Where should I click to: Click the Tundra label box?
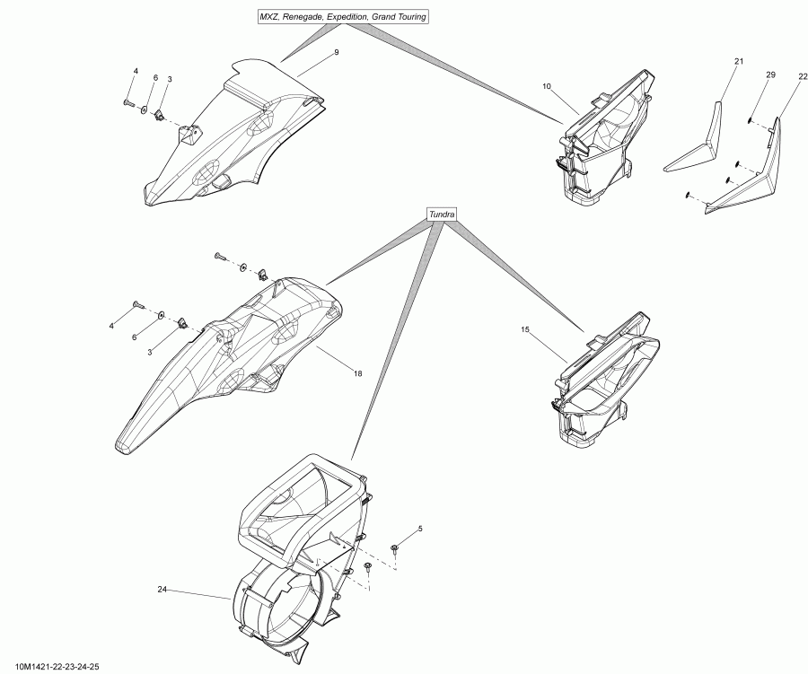[x=442, y=214]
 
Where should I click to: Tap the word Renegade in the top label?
[x=303, y=16]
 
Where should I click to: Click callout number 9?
[x=336, y=53]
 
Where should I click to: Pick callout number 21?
[x=738, y=61]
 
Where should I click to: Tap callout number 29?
[x=769, y=75]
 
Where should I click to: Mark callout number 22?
[x=802, y=78]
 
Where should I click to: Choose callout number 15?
[x=525, y=329]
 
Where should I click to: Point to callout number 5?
[x=419, y=530]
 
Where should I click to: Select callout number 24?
[x=162, y=590]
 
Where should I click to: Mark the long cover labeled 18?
[x=224, y=359]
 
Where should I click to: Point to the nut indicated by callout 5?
[x=395, y=547]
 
